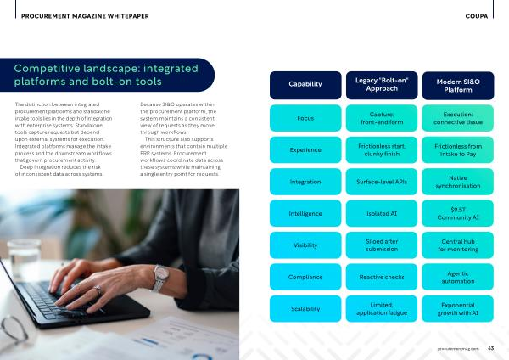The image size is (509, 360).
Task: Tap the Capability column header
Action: pyautogui.click(x=305, y=85)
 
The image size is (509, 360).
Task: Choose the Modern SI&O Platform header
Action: pyautogui.click(x=458, y=85)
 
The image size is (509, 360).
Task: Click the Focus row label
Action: pyautogui.click(x=305, y=118)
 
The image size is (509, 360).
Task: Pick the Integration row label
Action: pyautogui.click(x=305, y=182)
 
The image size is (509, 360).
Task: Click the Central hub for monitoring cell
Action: pyautogui.click(x=458, y=245)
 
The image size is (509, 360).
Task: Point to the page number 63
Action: pyautogui.click(x=490, y=348)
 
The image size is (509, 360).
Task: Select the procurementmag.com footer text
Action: pyautogui.click(x=458, y=348)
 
